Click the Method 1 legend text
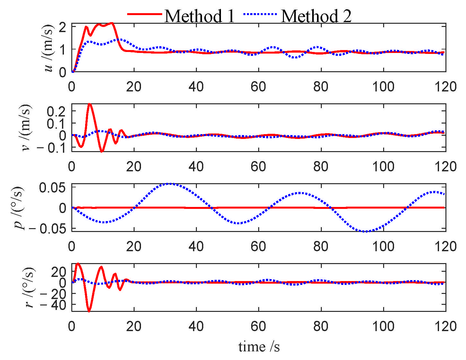[x=199, y=16]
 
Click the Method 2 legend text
[x=316, y=16]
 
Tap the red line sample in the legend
[x=144, y=14]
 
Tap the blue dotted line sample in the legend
[x=260, y=14]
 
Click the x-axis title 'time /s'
[x=259, y=347]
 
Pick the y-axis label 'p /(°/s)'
[x=20, y=208]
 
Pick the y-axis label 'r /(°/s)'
[x=30, y=287]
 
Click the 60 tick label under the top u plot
[x=258, y=87]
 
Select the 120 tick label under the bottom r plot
[x=445, y=327]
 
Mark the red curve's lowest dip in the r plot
[x=89, y=311]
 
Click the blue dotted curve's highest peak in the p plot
[x=170, y=184]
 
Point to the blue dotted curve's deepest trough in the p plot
[x=365, y=231]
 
